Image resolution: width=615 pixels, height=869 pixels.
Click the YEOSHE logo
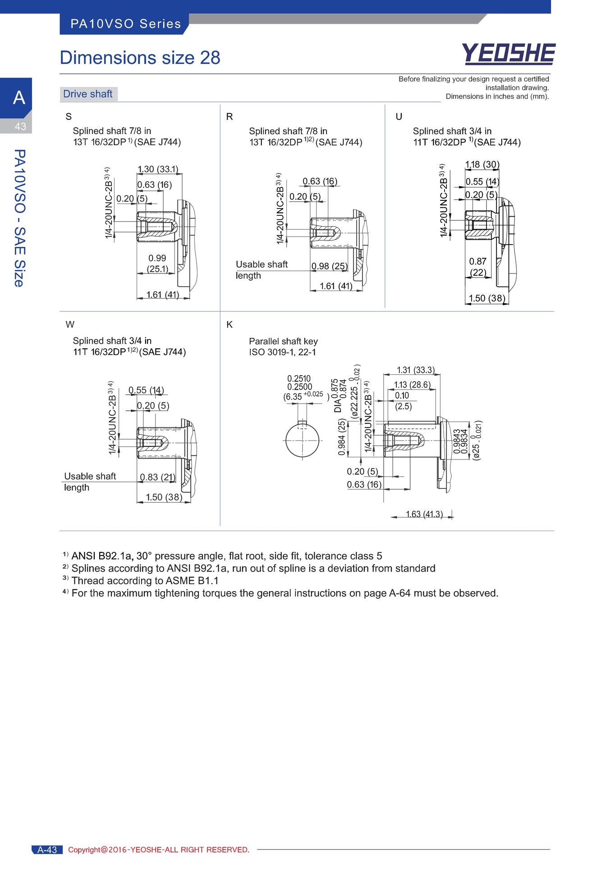509,54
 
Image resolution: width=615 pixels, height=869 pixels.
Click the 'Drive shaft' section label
88,94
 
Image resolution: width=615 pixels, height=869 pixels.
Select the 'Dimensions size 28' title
140,58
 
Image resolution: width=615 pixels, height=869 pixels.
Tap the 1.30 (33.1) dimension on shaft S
158,169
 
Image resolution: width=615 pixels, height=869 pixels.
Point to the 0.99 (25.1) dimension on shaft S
157,264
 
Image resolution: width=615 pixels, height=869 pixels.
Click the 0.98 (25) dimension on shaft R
330,266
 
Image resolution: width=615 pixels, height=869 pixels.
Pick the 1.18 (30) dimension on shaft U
482,164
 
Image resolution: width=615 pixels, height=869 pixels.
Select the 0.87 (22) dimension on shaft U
478,267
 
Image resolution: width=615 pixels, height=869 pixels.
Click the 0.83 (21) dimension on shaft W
157,477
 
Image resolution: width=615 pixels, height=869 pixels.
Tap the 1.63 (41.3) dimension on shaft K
424,514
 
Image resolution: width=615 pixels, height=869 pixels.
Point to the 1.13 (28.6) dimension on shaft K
412,385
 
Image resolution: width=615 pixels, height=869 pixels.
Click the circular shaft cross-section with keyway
302,440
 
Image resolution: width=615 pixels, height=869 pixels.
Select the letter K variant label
229,325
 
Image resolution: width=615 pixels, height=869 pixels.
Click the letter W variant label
70,324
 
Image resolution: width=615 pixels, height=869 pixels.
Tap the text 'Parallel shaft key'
283,341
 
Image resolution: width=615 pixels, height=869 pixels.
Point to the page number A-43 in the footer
47,850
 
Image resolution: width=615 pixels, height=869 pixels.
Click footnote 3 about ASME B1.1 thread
140,581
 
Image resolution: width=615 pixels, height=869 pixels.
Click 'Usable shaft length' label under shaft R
262,270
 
